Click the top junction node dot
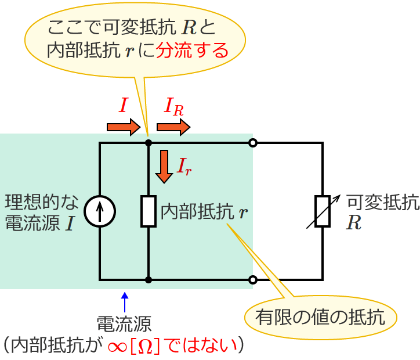149,142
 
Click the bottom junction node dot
149,280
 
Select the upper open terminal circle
252,142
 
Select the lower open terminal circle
252,280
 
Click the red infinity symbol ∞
118,346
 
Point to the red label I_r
184,167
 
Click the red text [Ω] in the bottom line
144,346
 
